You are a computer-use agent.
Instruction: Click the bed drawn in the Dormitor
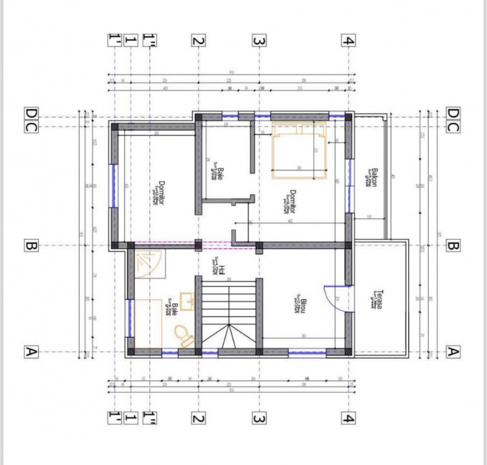(299, 149)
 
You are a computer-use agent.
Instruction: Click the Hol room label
(220, 269)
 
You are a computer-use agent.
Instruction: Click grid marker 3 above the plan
(258, 41)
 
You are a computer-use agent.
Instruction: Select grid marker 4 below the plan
(348, 418)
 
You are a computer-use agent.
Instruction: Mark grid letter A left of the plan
(30, 352)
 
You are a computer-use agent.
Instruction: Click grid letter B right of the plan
(453, 245)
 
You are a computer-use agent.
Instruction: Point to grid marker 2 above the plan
(198, 41)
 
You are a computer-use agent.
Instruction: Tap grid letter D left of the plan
(30, 115)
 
